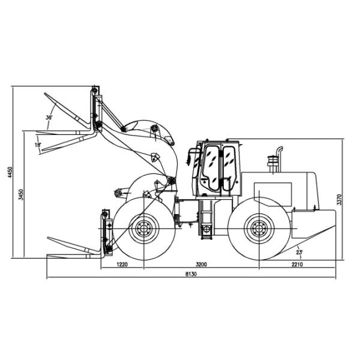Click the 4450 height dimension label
[x=10, y=172]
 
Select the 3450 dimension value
[x=21, y=194]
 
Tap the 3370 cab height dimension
[x=339, y=199]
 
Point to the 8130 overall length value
[x=191, y=274]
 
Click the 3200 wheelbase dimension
[x=201, y=264]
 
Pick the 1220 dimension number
[x=122, y=264]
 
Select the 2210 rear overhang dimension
[x=297, y=264]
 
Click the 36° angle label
[x=49, y=118]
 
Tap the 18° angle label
[x=38, y=145]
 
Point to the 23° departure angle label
[x=299, y=252]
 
